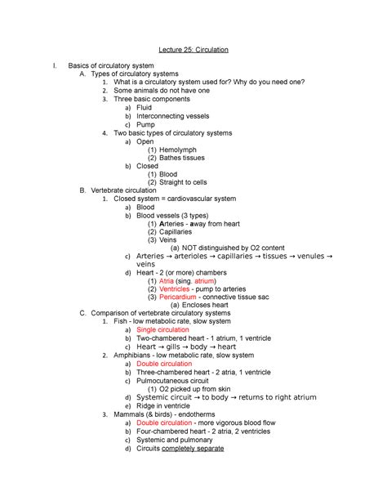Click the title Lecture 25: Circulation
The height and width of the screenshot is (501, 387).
193,50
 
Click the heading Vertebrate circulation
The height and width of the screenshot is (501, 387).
124,190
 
